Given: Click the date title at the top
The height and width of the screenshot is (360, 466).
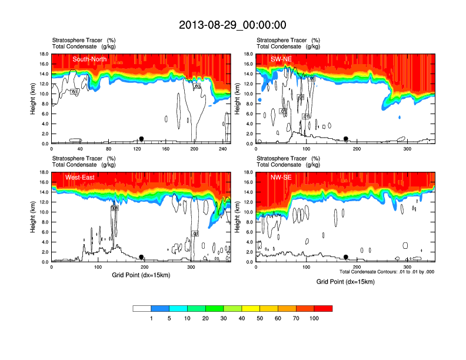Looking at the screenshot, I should click(232, 25).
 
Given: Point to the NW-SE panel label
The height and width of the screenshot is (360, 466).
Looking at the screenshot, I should click(282, 177).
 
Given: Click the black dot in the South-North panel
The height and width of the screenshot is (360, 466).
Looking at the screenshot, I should click(141, 139).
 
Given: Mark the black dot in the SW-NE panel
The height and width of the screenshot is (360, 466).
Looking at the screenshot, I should click(346, 139).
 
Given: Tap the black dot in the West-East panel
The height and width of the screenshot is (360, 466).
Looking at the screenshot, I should click(141, 257).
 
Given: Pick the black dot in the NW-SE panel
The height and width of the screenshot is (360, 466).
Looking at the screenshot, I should click(346, 257).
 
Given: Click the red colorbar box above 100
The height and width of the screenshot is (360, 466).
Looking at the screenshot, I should click(323, 308).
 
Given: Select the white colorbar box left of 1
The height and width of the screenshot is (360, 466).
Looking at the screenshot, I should click(142, 308).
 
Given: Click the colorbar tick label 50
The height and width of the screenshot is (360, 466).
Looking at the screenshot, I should click(260, 318).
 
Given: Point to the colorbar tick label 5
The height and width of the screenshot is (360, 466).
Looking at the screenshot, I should click(169, 318).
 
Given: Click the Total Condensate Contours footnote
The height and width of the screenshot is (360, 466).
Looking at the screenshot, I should click(387, 272).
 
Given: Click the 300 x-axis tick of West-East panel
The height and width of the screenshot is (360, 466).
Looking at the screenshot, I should click(191, 267).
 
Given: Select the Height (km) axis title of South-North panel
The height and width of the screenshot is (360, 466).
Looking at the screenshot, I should click(34, 99).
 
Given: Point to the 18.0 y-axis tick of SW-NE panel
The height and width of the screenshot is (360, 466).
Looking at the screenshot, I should click(248, 54).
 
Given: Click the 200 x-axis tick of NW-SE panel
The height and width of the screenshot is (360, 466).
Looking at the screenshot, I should click(357, 267).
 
